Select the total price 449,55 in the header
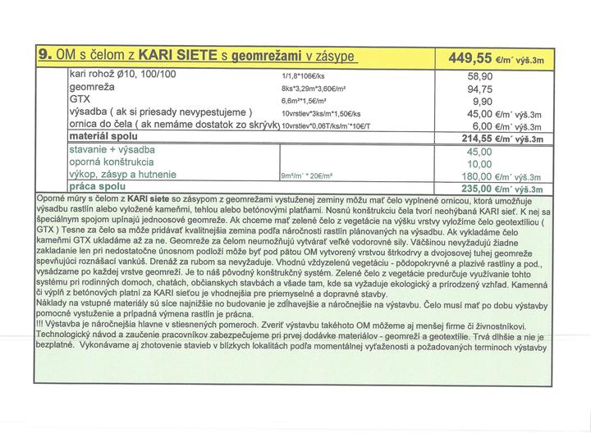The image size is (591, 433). [474, 57]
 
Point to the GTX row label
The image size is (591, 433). [80, 99]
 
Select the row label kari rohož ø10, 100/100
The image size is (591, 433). [123, 74]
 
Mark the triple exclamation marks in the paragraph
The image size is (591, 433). [43, 324]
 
